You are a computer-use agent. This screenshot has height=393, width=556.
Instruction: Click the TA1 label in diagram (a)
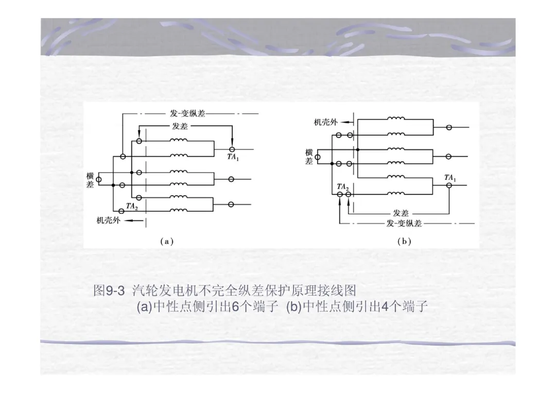233,158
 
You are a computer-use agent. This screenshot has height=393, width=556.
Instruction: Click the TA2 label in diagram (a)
132,206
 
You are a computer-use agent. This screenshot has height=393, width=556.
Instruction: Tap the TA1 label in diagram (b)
450,178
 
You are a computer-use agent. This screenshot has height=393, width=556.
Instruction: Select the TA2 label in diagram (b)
343,186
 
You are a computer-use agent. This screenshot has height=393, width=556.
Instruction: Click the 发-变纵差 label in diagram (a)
187,113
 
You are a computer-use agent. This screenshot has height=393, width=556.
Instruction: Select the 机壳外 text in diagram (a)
109,220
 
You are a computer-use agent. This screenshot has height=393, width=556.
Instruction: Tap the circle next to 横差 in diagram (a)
99,179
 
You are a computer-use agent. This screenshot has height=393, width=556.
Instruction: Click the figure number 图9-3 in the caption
109,291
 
